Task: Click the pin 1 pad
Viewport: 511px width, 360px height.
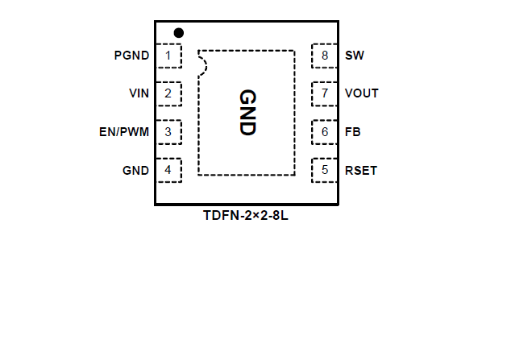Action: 168,56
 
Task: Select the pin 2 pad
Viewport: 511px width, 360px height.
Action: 168,93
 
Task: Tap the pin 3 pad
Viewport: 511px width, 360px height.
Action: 168,131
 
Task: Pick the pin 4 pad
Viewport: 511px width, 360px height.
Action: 168,170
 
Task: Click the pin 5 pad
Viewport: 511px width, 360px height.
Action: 324,170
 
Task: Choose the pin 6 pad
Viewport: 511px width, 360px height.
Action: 324,131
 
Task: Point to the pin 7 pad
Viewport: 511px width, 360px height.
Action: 324,93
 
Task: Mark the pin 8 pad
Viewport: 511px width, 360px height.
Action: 324,56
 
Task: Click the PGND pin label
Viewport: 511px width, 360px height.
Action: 132,56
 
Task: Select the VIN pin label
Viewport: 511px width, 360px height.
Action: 139,93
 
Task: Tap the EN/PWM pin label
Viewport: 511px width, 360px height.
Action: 124,131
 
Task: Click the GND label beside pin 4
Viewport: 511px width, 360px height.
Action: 135,170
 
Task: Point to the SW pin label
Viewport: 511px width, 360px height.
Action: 354,56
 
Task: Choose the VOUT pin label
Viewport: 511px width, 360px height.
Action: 361,93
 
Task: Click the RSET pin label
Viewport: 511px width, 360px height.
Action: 360,170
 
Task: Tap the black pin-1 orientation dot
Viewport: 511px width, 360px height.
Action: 179,33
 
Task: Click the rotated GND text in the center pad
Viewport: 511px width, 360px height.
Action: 247,112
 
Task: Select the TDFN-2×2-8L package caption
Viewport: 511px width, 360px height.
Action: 246,216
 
